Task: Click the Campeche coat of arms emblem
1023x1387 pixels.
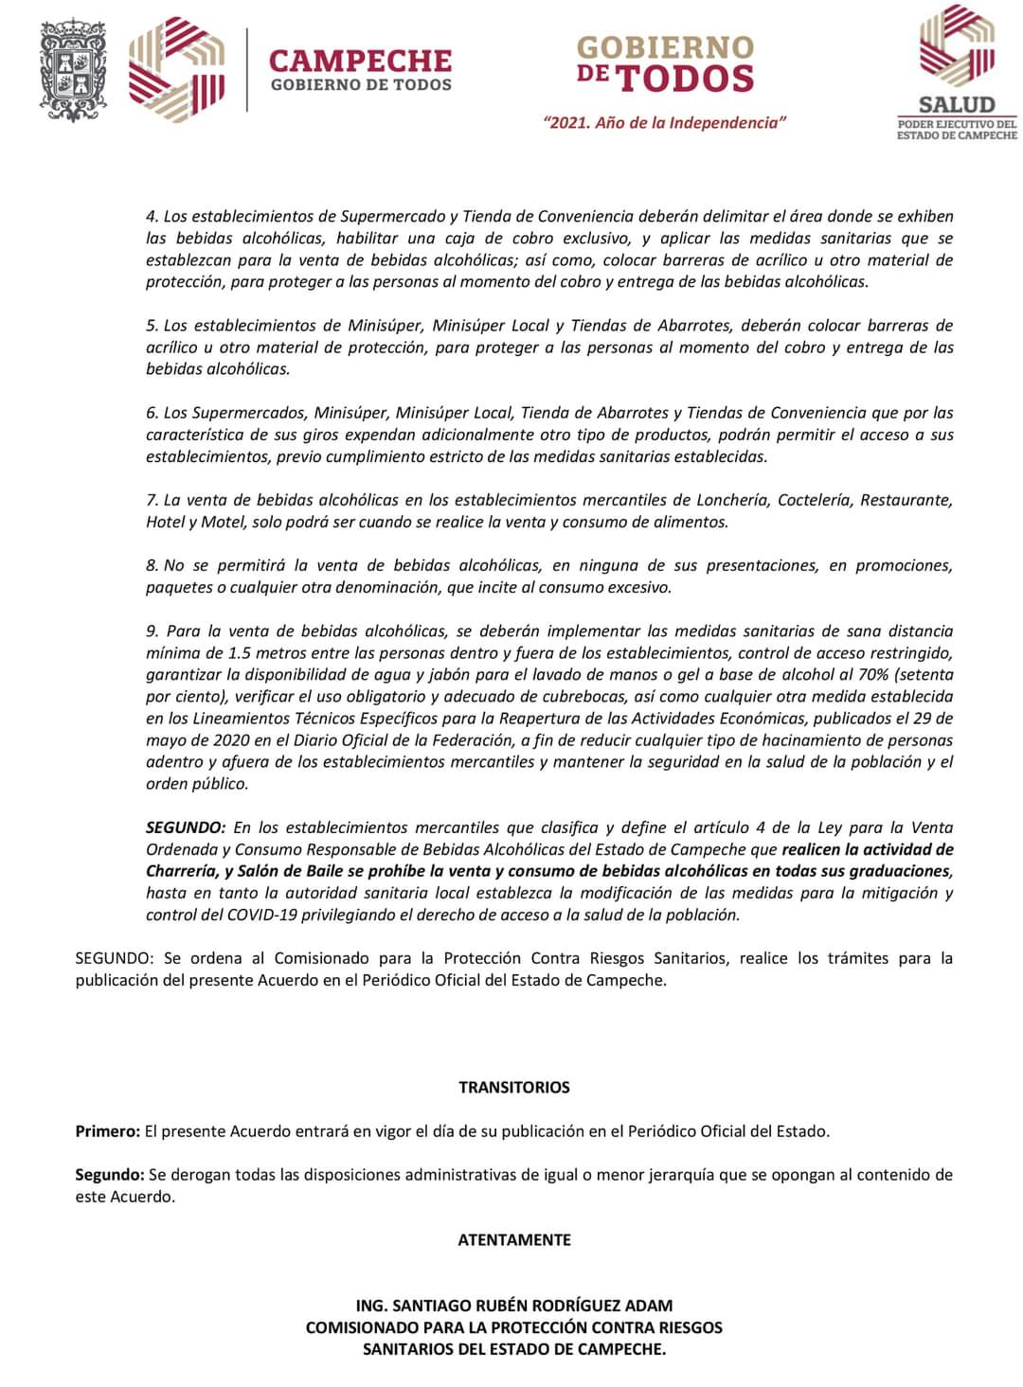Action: point(74,70)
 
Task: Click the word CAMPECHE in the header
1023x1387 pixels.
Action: point(360,62)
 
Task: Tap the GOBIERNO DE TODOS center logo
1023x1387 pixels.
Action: point(664,64)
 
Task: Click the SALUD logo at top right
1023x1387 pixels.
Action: point(957,72)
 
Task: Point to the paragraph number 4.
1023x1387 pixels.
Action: point(152,217)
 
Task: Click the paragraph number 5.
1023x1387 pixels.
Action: point(152,326)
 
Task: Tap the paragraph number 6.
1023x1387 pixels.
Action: point(152,413)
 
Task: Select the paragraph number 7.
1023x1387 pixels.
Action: point(152,500)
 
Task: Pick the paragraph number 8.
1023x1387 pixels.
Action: point(152,565)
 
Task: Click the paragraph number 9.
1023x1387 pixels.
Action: point(152,631)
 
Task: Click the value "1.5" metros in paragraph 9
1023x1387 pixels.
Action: point(241,653)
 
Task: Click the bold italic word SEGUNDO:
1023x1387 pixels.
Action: point(186,827)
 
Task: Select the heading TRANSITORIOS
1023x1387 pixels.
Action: point(514,1087)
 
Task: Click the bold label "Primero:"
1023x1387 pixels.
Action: point(108,1131)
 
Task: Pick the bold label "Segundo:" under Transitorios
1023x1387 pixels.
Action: point(110,1175)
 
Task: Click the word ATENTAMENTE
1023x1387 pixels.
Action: point(514,1239)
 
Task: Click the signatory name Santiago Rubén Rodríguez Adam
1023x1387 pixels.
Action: point(514,1305)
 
